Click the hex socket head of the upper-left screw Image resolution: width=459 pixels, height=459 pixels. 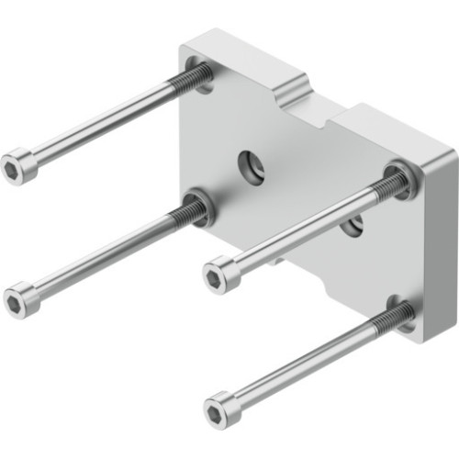point(19,166)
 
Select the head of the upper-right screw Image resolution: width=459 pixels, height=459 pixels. point(219,273)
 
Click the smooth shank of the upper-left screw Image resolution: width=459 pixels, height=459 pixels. point(101,124)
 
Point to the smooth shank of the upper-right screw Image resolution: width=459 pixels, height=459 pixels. point(303,229)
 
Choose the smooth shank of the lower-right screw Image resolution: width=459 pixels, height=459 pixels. point(308,363)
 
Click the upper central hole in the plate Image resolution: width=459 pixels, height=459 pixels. point(250,166)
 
